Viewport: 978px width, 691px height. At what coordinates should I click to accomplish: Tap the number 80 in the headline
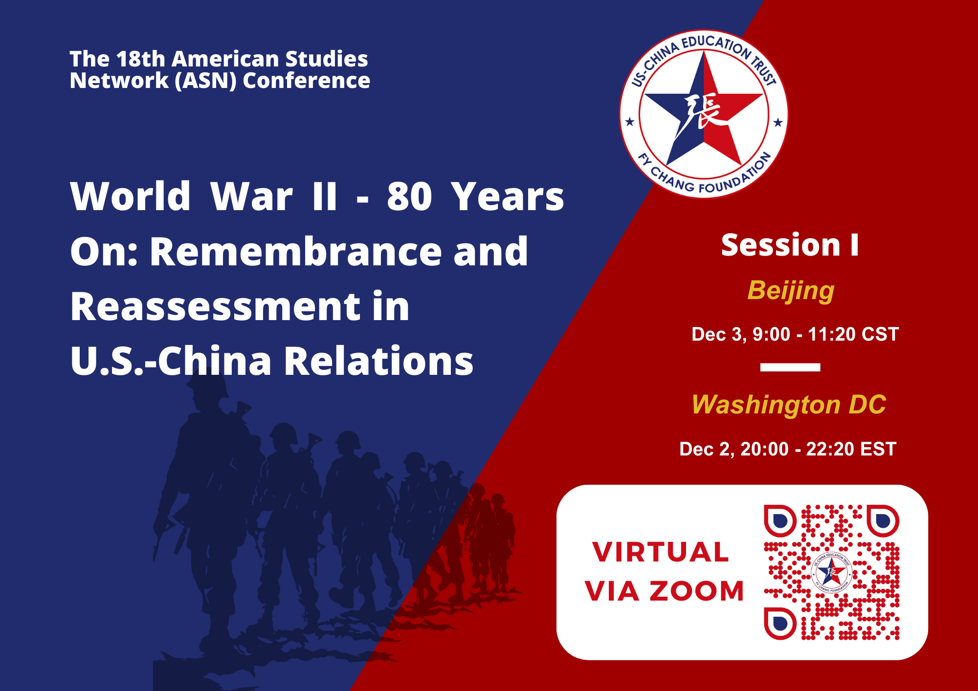pyautogui.click(x=409, y=196)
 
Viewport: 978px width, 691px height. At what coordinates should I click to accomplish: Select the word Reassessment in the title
pyautogui.click(x=215, y=306)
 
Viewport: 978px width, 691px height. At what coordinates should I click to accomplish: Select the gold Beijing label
pyautogui.click(x=791, y=291)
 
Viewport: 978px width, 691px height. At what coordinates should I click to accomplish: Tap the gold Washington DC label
pyautogui.click(x=789, y=405)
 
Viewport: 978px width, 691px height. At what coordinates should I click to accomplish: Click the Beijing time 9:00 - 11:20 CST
pyautogui.click(x=825, y=334)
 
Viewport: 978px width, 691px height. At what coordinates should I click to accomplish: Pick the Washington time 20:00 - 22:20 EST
pyautogui.click(x=818, y=449)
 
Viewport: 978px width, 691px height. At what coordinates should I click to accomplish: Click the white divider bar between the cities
pyautogui.click(x=790, y=367)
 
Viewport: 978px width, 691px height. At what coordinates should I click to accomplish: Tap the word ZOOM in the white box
pyautogui.click(x=697, y=591)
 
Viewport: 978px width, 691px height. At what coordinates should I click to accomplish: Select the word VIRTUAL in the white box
pyautogui.click(x=661, y=552)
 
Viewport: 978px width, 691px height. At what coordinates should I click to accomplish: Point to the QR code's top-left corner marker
pyautogui.click(x=780, y=521)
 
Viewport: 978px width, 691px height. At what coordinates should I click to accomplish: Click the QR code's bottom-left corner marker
pyautogui.click(x=780, y=624)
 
